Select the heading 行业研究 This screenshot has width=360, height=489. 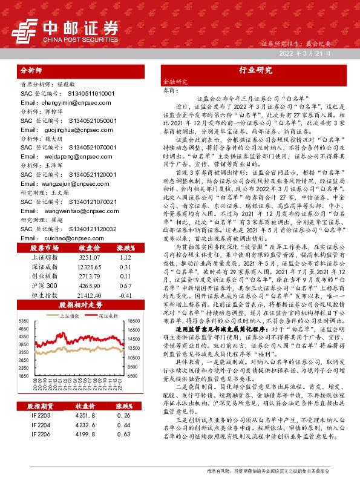[x=252, y=70]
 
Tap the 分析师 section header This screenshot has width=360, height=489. [x=33, y=70]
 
